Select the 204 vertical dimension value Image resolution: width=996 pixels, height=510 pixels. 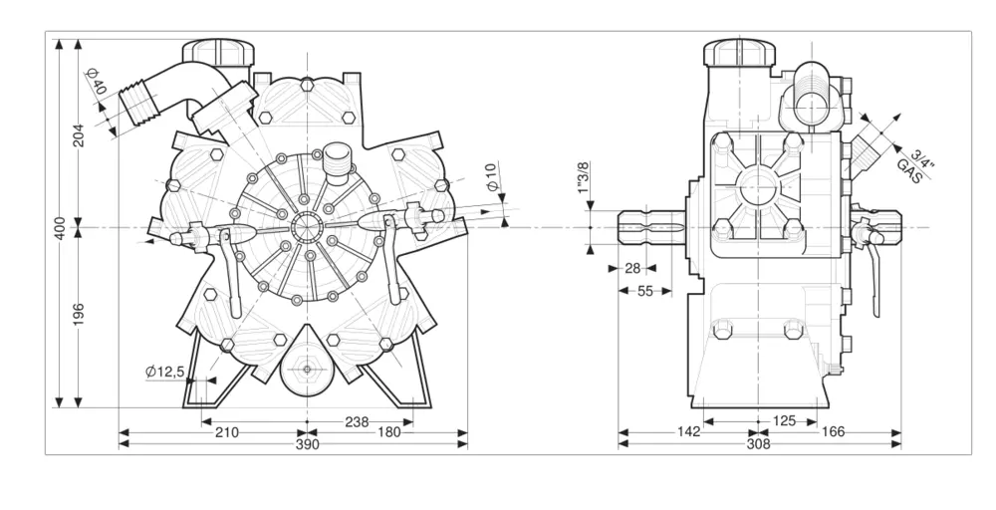79,134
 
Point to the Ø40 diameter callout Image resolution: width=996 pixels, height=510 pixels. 96,83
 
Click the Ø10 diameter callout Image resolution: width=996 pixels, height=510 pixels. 491,176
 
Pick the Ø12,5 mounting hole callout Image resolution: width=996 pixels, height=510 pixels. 165,372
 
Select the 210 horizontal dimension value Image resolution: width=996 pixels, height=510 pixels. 226,432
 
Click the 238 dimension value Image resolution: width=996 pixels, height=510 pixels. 357,421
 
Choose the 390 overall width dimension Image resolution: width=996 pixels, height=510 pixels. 308,444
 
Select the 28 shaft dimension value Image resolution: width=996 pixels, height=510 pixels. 632,268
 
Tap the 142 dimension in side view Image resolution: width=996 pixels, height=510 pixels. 688,432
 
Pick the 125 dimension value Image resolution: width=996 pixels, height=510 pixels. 784,421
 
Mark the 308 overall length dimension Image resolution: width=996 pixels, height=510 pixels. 759,444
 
